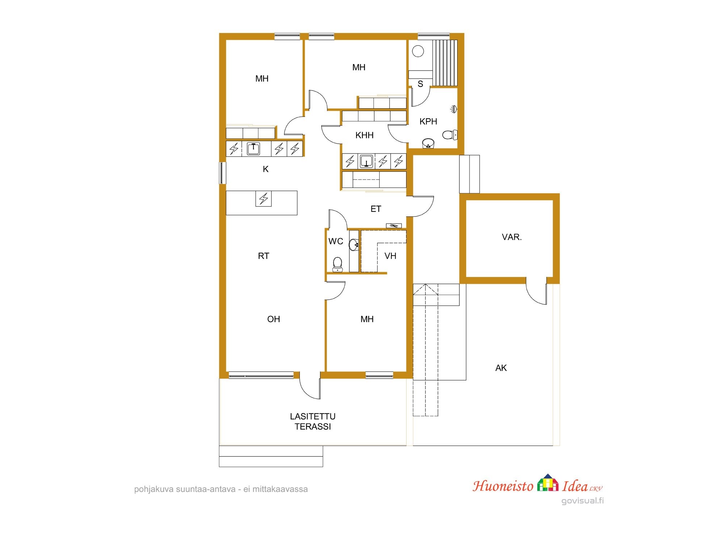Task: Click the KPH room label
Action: point(428,122)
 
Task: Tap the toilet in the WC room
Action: point(337,264)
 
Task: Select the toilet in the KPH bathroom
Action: point(450,135)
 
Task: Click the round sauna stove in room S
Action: point(418,51)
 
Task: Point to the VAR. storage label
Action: point(512,237)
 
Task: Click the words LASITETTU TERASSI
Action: point(313,421)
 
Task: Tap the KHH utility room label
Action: point(364,135)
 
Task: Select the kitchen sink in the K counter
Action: point(253,148)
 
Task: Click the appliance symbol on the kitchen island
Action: point(264,198)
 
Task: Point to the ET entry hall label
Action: point(376,209)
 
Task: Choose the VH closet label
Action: point(390,256)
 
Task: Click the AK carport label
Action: point(501,368)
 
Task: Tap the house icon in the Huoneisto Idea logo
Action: point(548,483)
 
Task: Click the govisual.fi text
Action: point(582,501)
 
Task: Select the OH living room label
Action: point(274,319)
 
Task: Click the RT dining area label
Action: point(264,256)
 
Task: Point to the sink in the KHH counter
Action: point(366,161)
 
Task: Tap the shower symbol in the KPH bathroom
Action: point(453,109)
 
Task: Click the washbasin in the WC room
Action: point(354,245)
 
